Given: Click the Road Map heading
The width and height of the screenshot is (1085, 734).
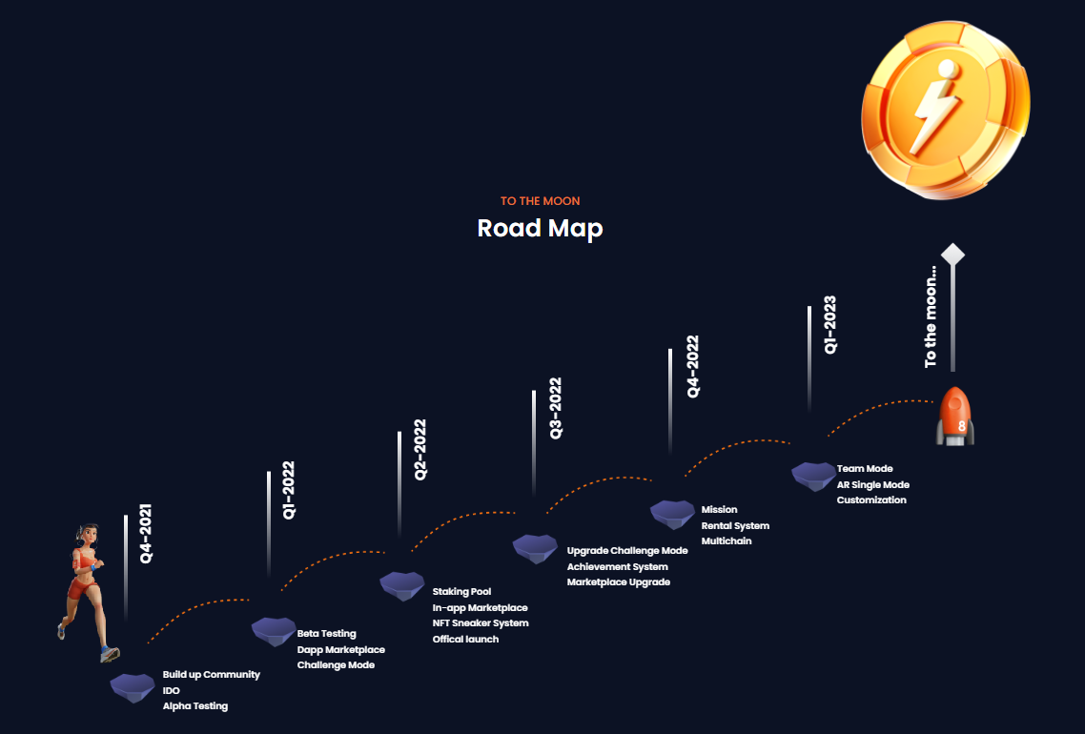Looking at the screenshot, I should pyautogui.click(x=540, y=229).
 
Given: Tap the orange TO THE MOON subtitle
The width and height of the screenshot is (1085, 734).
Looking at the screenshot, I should pyautogui.click(x=540, y=201).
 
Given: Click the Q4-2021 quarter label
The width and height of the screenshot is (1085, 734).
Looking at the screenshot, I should pyautogui.click(x=146, y=534).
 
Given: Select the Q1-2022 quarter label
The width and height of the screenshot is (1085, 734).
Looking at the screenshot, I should pyautogui.click(x=289, y=490).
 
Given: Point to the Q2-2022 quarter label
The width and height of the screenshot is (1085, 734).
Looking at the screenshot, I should pyautogui.click(x=420, y=449).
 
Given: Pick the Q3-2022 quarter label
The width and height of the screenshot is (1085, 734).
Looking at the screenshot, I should pyautogui.click(x=556, y=408).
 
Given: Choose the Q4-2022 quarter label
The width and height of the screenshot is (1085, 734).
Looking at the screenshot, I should pyautogui.click(x=692, y=366).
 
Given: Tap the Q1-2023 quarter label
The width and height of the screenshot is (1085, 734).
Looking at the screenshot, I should pyautogui.click(x=830, y=325).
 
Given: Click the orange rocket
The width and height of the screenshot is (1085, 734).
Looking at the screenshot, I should pyautogui.click(x=954, y=417).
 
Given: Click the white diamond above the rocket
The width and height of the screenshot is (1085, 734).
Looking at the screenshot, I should pyautogui.click(x=953, y=255).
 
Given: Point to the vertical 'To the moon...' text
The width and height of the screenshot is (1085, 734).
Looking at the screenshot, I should pyautogui.click(x=931, y=316).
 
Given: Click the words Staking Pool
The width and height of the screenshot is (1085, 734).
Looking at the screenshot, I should pyautogui.click(x=461, y=592).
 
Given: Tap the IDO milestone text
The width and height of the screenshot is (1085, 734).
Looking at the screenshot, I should pyautogui.click(x=172, y=690).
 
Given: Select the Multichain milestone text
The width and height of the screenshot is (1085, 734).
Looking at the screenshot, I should pyautogui.click(x=727, y=541).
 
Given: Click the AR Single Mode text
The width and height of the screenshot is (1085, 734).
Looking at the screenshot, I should pyautogui.click(x=872, y=484).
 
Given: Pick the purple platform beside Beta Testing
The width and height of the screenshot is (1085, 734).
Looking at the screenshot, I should pyautogui.click(x=274, y=630).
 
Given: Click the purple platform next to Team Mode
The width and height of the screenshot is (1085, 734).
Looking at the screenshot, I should pyautogui.click(x=813, y=476).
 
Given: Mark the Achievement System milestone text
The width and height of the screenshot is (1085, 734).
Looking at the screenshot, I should pyautogui.click(x=617, y=566).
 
